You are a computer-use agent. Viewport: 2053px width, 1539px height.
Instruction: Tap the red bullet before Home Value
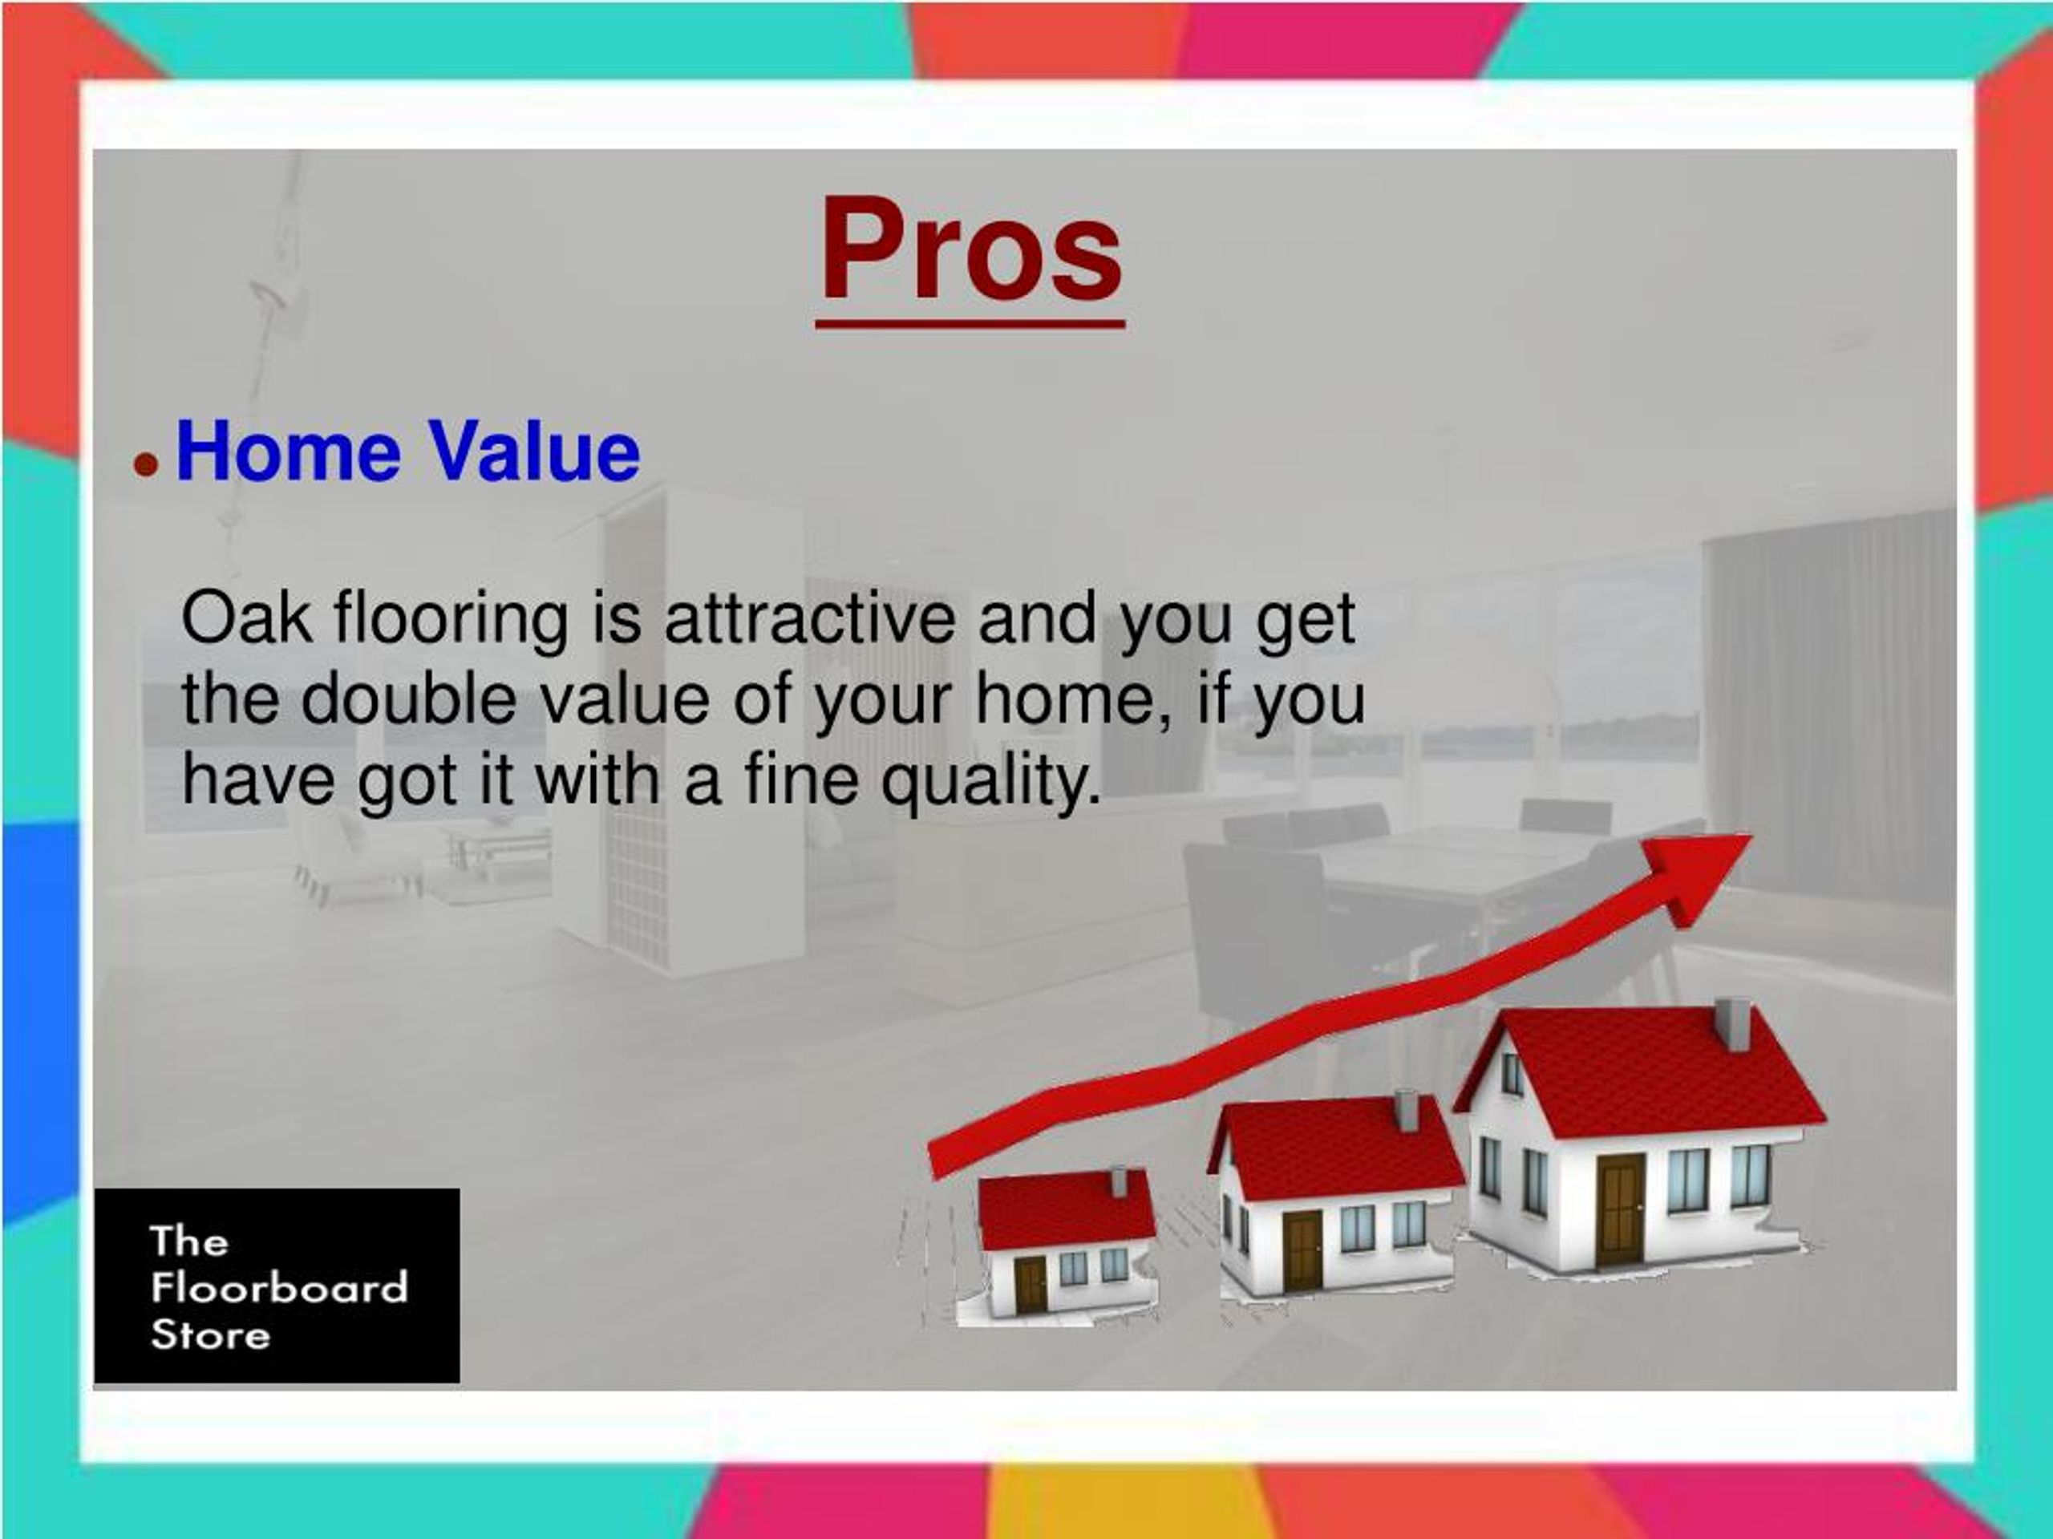point(146,464)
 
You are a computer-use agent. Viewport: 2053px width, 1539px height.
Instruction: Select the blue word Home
point(288,452)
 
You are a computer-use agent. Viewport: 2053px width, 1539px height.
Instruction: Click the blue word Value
point(533,452)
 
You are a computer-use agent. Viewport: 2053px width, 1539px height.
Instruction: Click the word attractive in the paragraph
point(809,618)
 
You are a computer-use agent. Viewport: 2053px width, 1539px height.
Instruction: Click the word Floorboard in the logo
point(278,1287)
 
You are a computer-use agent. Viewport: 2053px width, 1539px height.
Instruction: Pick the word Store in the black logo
point(211,1334)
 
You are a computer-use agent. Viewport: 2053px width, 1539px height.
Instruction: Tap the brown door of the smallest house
point(1031,1285)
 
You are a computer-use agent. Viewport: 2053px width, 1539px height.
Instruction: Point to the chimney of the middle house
point(1406,1110)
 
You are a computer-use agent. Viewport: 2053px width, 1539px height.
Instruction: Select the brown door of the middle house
point(1302,1250)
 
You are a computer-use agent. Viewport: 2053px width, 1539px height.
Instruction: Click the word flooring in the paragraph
point(451,618)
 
